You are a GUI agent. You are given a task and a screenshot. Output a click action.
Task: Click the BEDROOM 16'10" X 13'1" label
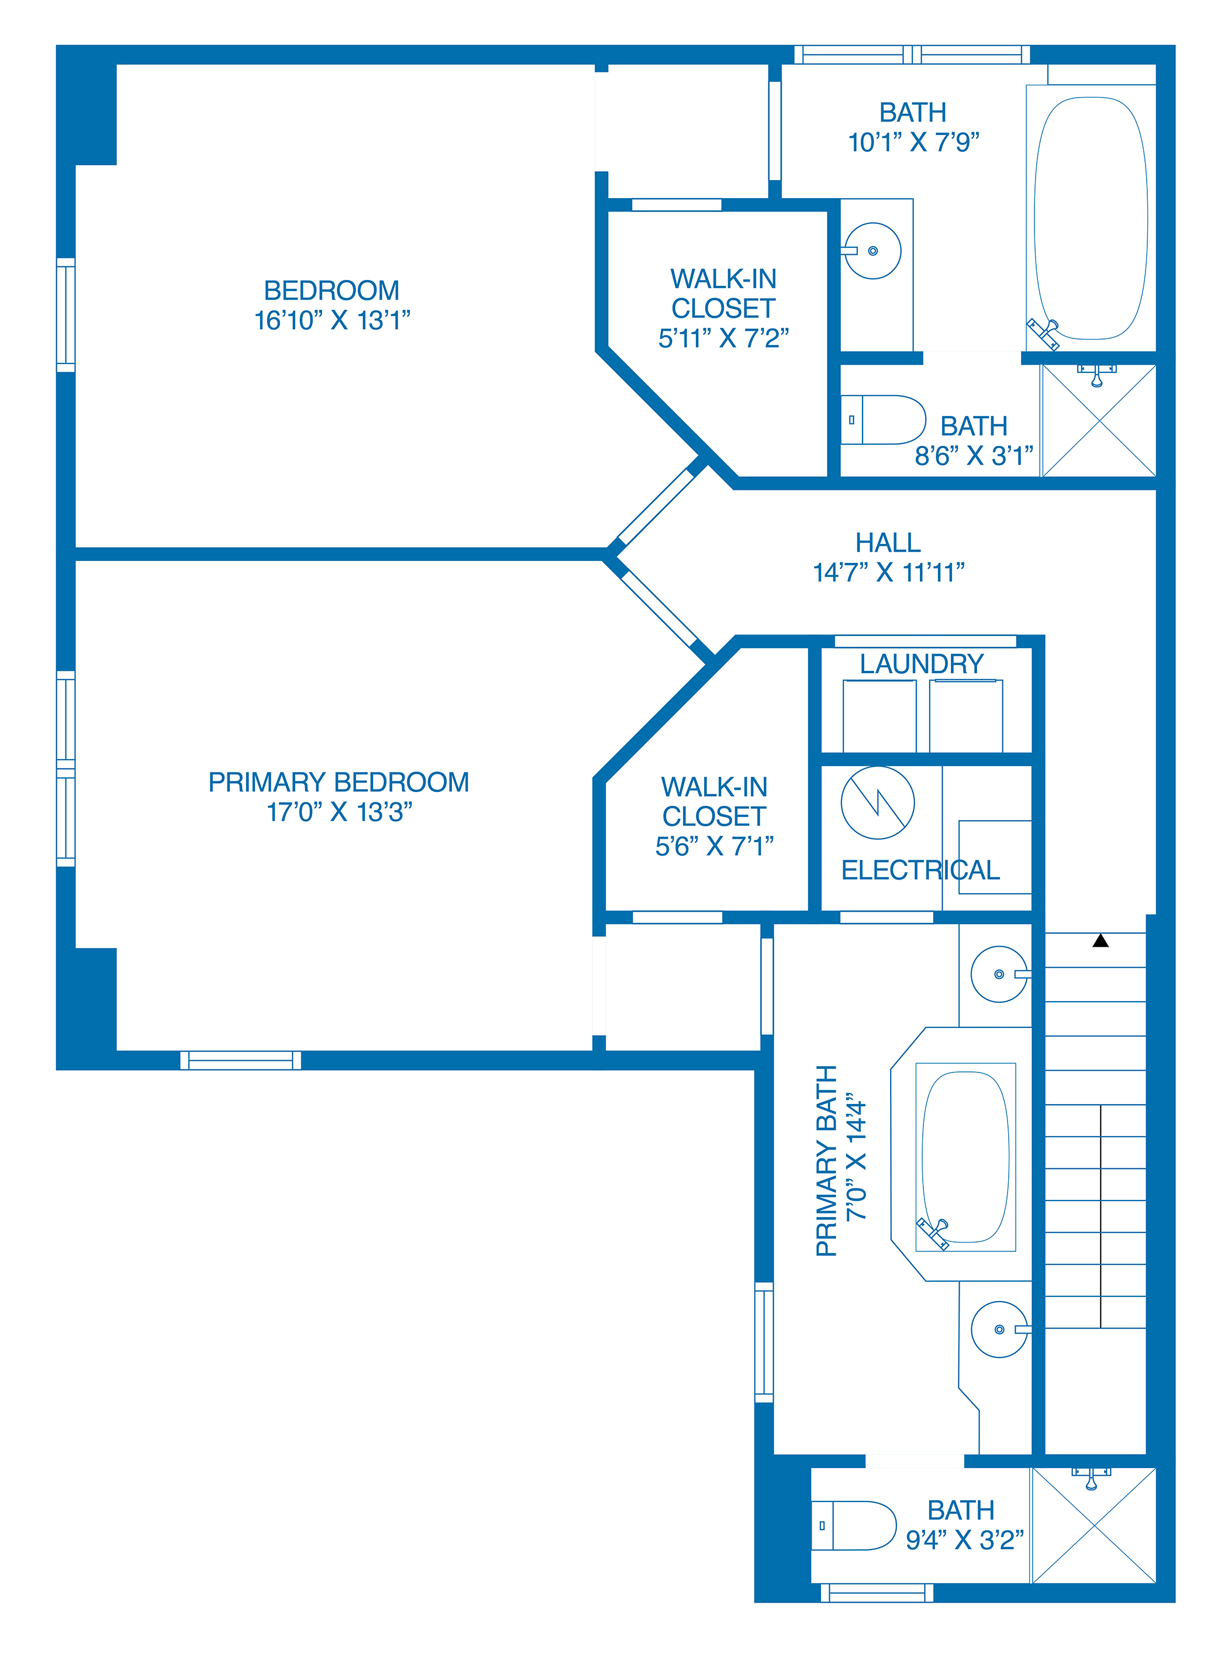(332, 304)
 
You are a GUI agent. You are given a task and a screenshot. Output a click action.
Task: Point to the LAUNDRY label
(922, 663)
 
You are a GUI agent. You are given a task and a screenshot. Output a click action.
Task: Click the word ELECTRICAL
(920, 869)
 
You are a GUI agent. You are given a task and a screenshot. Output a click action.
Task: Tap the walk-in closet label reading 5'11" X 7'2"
(723, 309)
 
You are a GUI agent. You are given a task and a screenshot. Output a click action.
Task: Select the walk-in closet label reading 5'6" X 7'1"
(715, 816)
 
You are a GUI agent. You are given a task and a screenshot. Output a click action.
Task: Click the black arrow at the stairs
(1101, 941)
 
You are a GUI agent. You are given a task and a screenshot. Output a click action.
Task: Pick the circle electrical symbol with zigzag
(878, 802)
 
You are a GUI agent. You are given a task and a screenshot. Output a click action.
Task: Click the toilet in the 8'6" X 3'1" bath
(883, 420)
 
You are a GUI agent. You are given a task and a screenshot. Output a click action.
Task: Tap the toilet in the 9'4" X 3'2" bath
(853, 1525)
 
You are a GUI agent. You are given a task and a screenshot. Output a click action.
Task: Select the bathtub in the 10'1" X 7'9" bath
(1091, 219)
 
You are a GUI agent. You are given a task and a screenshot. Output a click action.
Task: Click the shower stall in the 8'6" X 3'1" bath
(1099, 421)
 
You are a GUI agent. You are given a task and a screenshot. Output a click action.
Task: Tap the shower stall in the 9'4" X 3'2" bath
(1094, 1526)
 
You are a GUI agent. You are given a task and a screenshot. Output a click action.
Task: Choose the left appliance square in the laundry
(879, 717)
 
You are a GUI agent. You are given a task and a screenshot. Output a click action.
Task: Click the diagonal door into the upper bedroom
(656, 506)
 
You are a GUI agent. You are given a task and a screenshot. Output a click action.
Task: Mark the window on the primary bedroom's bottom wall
(241, 1060)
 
